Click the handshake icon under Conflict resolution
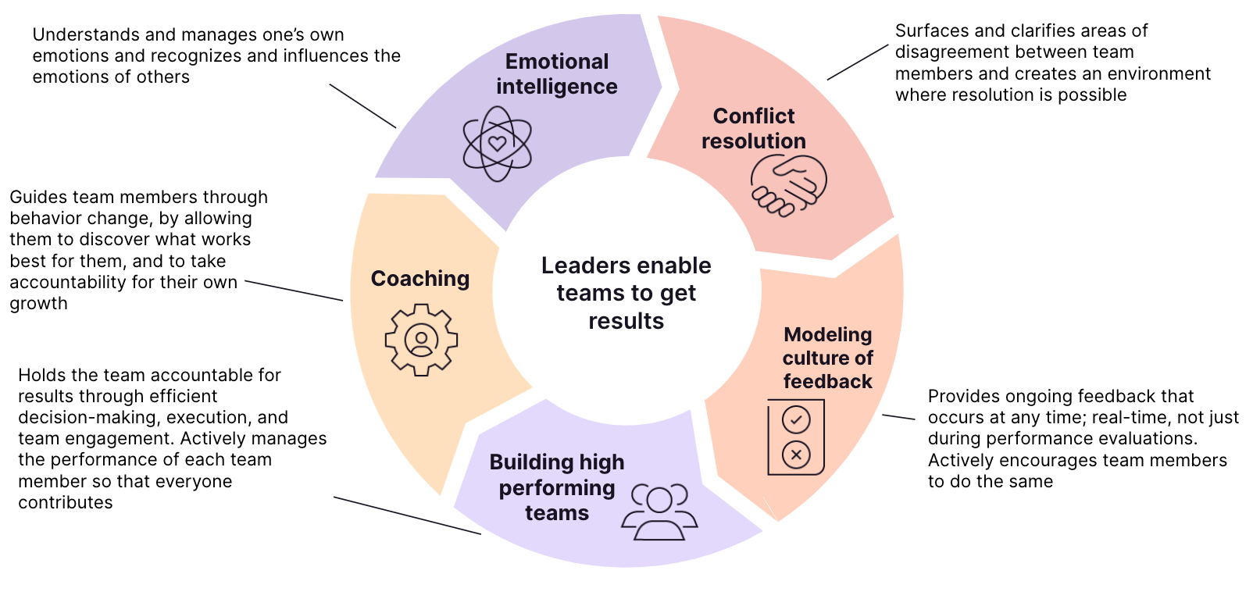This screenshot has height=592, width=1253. (x=788, y=185)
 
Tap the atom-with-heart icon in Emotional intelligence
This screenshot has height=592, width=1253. (x=498, y=144)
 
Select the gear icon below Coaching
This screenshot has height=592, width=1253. (x=421, y=341)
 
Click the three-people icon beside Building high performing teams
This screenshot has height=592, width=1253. (x=659, y=512)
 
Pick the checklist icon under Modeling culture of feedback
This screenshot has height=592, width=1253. (x=796, y=437)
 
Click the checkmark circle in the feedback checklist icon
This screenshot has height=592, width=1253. (x=796, y=420)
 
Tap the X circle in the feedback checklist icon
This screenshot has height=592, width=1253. (x=796, y=455)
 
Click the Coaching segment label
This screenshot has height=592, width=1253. (x=420, y=279)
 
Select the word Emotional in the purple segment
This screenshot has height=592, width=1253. (x=556, y=62)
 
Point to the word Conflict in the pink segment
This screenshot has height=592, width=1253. (x=754, y=116)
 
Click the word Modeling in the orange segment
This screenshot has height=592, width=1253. (x=827, y=335)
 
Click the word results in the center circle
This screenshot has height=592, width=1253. (x=626, y=321)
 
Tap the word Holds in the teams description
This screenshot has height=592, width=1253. (x=39, y=376)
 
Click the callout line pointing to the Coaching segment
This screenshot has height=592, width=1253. (x=294, y=291)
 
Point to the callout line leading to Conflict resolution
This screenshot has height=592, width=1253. (x=857, y=62)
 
